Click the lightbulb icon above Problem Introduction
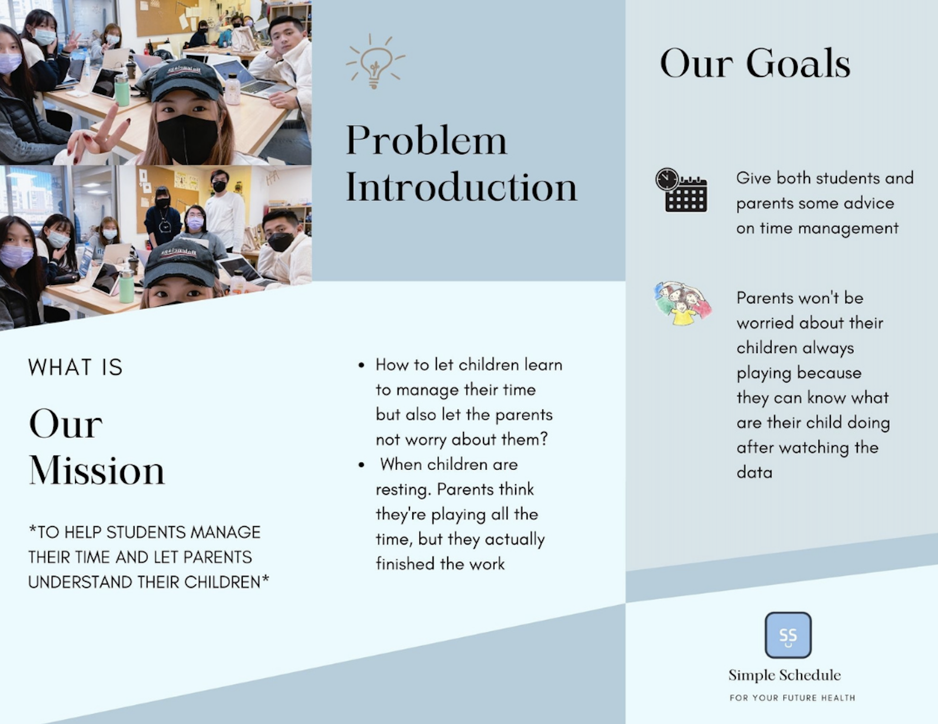[x=375, y=61]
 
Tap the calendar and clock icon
[x=682, y=190]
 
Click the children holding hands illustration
[x=682, y=303]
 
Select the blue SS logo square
[x=788, y=635]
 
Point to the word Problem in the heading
[x=426, y=140]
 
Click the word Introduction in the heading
[x=461, y=187]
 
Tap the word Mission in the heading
[x=97, y=470]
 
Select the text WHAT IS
[x=76, y=367]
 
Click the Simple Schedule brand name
[x=785, y=675]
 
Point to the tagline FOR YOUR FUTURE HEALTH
[x=792, y=698]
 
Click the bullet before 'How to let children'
[x=361, y=365]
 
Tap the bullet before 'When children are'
[x=361, y=465]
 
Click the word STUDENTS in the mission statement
[x=145, y=532]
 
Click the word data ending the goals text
[x=754, y=472]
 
